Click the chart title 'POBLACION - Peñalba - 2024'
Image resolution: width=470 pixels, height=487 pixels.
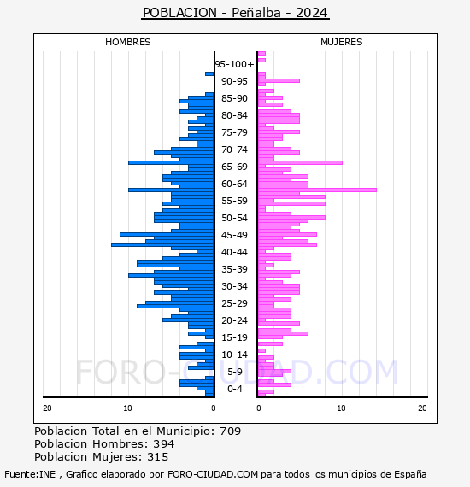coord(235,13)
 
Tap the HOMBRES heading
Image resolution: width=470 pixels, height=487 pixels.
coord(127,42)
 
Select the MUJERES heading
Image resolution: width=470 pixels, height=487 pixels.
coord(342,42)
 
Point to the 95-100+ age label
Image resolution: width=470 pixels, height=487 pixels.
coord(234,64)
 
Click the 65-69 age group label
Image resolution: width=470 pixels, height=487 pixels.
coord(234,167)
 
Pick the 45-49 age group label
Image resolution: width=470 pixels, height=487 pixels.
coord(234,235)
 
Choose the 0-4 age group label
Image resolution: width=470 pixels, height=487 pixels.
coord(234,389)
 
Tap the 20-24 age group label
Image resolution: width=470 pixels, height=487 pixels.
coord(234,320)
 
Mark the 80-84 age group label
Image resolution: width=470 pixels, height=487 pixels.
coord(234,115)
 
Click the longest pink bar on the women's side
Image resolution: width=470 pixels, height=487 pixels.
coord(317,190)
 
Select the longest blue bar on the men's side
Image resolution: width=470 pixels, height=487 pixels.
coord(162,244)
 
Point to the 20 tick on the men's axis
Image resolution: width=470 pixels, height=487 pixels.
coord(47,408)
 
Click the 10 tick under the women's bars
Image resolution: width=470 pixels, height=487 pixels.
coord(342,408)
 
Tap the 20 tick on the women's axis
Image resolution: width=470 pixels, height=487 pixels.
coord(422,408)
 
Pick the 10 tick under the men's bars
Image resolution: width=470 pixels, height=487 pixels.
coord(127,408)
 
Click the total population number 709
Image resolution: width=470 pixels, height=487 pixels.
coord(230,431)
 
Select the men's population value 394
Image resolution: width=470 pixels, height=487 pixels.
coord(164,444)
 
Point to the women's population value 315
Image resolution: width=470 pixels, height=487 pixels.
coord(157,457)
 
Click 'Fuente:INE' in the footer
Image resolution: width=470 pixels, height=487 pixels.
coord(30,474)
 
